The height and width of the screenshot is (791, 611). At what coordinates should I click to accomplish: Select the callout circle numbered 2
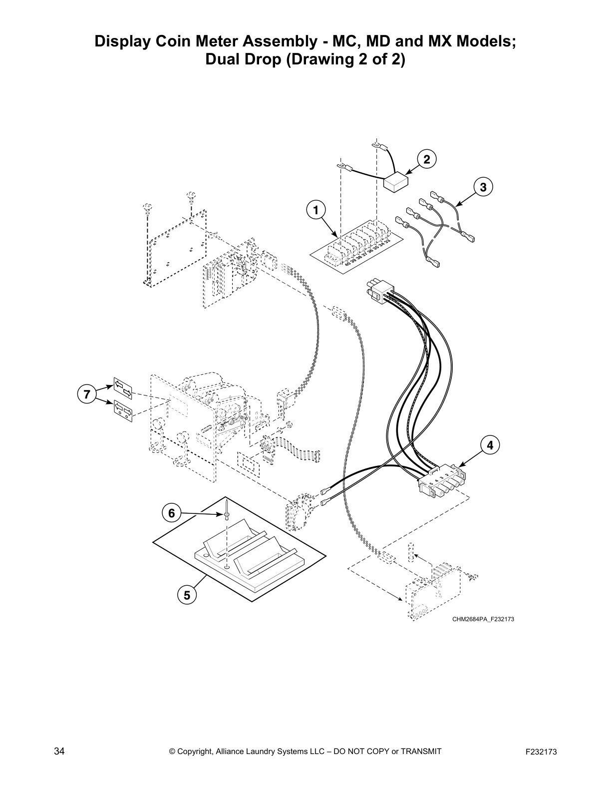click(426, 160)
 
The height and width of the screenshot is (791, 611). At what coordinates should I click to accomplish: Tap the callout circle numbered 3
click(483, 187)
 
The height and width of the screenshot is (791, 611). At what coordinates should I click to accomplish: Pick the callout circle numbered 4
click(490, 444)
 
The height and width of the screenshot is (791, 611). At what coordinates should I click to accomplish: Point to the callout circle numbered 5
click(187, 595)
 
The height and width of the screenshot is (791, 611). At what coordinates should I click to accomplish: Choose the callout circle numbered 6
click(171, 513)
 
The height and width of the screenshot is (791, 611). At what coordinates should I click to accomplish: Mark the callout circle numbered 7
click(87, 394)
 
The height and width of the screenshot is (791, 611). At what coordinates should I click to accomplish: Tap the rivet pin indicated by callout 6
click(227, 515)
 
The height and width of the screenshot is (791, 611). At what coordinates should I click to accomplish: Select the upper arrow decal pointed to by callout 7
click(123, 389)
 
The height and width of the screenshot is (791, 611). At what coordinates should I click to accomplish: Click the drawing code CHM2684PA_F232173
click(483, 619)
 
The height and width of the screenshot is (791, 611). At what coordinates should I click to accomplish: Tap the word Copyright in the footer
click(196, 752)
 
